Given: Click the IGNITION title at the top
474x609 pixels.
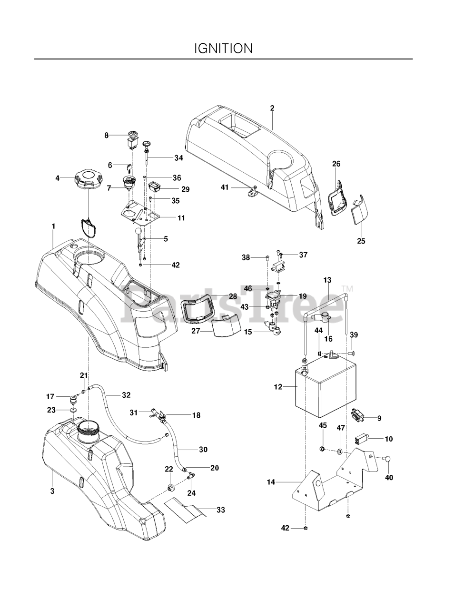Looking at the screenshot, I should (x=223, y=48).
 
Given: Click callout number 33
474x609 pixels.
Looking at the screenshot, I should (x=220, y=510).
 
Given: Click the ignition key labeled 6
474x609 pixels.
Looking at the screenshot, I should (x=128, y=167).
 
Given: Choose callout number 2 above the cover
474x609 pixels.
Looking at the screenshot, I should (x=272, y=108).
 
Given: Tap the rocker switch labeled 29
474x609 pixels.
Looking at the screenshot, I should (x=156, y=185).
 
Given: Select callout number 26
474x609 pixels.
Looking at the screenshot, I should (x=336, y=164).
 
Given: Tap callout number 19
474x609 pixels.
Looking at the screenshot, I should (x=303, y=295).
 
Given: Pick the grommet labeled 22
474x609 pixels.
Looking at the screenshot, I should (x=170, y=488).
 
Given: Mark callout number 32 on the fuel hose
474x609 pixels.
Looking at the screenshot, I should (x=126, y=394).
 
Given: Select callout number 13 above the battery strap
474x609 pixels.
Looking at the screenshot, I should (x=327, y=280).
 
